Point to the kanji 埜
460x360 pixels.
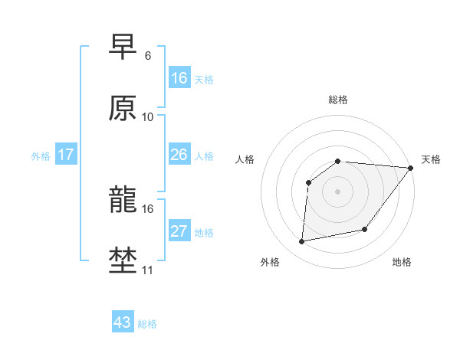[123, 260]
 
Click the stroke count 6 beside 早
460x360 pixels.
[148, 56]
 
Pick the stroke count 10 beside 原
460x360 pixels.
[148, 116]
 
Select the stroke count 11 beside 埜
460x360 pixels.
[148, 270]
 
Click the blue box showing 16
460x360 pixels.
[179, 77]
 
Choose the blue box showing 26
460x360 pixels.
[179, 155]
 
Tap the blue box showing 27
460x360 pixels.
[179, 231]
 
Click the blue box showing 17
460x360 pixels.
[66, 155]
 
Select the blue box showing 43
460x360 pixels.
[123, 322]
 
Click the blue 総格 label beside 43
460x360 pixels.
[147, 324]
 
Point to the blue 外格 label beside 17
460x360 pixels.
[41, 156]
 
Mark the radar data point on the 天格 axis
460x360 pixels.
[412, 168]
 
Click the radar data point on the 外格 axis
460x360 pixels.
[302, 242]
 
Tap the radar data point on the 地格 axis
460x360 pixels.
[365, 229]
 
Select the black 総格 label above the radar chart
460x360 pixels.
[338, 100]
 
